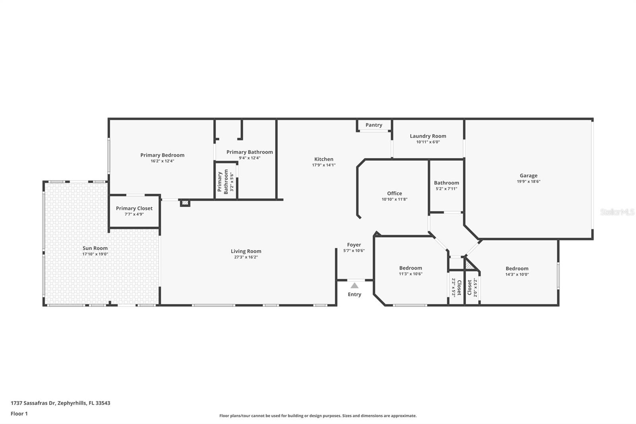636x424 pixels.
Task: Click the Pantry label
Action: click(x=374, y=125)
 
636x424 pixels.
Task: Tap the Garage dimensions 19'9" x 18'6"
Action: click(x=528, y=181)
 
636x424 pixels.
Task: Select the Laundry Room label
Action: click(x=428, y=136)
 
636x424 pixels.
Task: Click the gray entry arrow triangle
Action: click(x=355, y=286)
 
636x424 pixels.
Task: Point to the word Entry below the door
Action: click(x=355, y=294)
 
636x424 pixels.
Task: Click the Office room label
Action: click(x=394, y=193)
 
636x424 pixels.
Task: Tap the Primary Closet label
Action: click(x=134, y=208)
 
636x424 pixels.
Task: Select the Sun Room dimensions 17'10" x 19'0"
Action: click(x=95, y=254)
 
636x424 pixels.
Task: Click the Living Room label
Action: click(x=246, y=251)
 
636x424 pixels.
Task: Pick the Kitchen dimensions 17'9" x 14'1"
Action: click(x=324, y=165)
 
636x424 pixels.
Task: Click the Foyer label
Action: click(x=354, y=245)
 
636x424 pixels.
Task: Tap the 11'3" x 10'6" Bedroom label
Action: click(x=411, y=268)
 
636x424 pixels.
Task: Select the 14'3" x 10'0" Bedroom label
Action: click(x=517, y=268)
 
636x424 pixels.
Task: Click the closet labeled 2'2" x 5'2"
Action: click(x=456, y=287)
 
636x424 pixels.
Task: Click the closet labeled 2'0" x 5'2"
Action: click(x=472, y=287)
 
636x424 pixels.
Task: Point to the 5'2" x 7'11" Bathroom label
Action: click(x=446, y=183)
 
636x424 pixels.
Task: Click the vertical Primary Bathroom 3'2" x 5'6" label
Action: click(x=223, y=182)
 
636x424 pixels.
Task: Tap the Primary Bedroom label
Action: click(x=162, y=155)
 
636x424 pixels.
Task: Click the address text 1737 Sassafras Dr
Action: click(x=33, y=403)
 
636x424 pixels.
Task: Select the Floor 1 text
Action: click(x=19, y=414)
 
